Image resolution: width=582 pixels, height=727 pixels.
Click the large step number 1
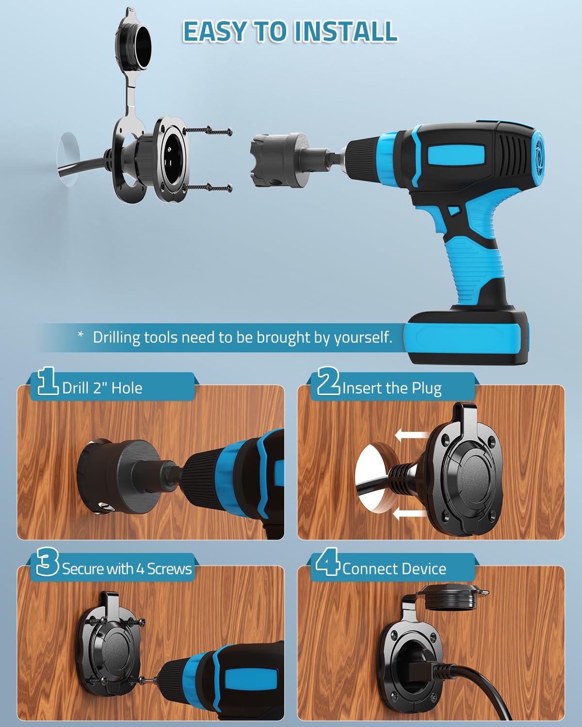tap(47, 381)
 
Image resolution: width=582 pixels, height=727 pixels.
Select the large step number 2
tap(328, 381)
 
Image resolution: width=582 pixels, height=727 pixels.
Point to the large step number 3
tap(48, 561)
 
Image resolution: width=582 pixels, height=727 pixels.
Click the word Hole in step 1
tap(127, 388)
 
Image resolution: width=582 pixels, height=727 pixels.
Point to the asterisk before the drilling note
tap(81, 334)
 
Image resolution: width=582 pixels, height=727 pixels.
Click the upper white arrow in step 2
tap(412, 435)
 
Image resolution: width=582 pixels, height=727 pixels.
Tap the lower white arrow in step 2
tap(410, 514)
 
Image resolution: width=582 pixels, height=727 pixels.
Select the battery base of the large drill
tap(467, 337)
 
